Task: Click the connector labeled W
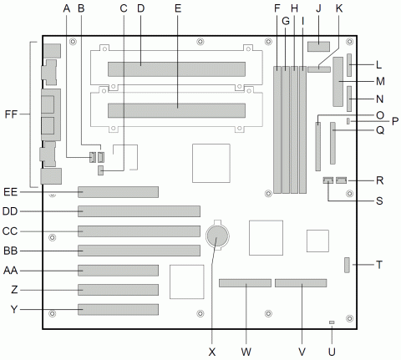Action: [246, 284]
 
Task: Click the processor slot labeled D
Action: [176, 68]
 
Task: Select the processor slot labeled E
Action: [176, 109]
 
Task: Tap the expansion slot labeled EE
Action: [118, 192]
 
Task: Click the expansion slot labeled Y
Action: [118, 310]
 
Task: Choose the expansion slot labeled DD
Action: [139, 211]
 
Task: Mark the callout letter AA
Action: [11, 271]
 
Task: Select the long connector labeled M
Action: [338, 83]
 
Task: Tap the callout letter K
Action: [338, 9]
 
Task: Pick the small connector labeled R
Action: [342, 180]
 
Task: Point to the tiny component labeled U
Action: [332, 322]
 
